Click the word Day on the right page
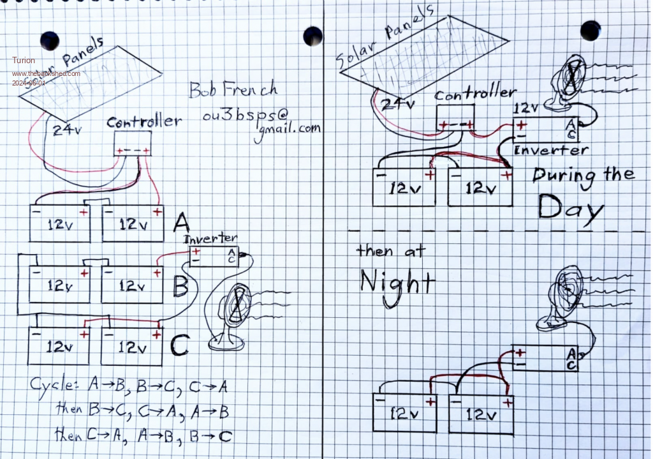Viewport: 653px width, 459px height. pyautogui.click(x=569, y=207)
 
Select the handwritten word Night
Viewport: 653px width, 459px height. pyautogui.click(x=397, y=281)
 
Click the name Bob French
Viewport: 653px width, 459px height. pyautogui.click(x=233, y=89)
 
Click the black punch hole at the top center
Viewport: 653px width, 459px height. pyautogui.click(x=312, y=36)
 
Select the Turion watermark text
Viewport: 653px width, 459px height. pyautogui.click(x=24, y=60)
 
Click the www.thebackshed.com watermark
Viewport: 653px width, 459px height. pyautogui.click(x=46, y=73)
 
